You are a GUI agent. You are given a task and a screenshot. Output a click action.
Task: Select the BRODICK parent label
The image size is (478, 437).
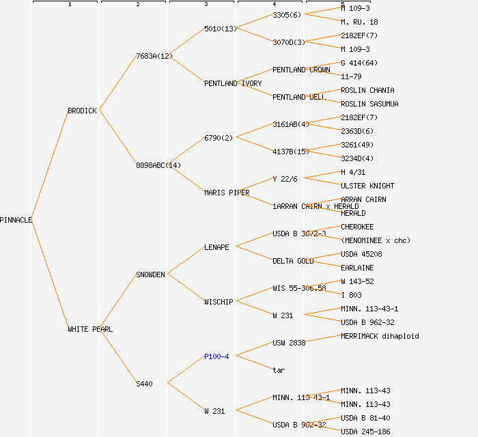coord(83,111)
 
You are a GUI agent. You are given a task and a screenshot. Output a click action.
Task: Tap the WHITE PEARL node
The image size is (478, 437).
coord(90,329)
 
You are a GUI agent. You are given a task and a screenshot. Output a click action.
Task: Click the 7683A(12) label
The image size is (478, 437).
coord(154,56)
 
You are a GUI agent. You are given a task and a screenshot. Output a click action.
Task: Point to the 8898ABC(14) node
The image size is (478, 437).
coord(158,165)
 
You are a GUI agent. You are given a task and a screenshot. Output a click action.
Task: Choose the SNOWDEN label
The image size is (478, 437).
coord(150,274)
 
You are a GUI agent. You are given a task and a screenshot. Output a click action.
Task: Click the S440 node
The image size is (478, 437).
coord(144,384)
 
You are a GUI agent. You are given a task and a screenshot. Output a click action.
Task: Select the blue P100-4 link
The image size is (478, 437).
coord(216,356)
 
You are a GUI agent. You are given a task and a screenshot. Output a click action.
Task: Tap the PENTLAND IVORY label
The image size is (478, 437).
coord(233,83)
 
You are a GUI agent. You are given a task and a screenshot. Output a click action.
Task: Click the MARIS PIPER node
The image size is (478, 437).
coord(227,193)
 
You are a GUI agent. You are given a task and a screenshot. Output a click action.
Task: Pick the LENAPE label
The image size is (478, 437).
coord(216,247)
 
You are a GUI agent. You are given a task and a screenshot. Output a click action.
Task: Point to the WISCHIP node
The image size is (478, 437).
coord(219,302)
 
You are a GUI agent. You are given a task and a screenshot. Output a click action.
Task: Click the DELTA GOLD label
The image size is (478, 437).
coord(293,261)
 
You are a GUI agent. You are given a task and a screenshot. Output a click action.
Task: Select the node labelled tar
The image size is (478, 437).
coord(279,370)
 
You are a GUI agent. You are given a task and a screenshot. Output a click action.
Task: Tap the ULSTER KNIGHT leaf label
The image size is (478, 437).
coord(367,186)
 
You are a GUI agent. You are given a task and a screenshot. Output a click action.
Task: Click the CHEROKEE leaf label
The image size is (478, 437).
coord(357,227)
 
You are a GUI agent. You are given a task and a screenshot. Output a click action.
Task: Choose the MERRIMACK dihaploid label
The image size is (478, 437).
coord(380,336)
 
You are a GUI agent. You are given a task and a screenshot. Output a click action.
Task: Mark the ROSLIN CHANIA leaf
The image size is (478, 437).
coord(367,90)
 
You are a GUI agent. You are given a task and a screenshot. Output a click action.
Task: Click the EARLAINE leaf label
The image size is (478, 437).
coord(357,268)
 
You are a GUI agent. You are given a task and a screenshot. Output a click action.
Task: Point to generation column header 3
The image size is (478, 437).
coord(206,5)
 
